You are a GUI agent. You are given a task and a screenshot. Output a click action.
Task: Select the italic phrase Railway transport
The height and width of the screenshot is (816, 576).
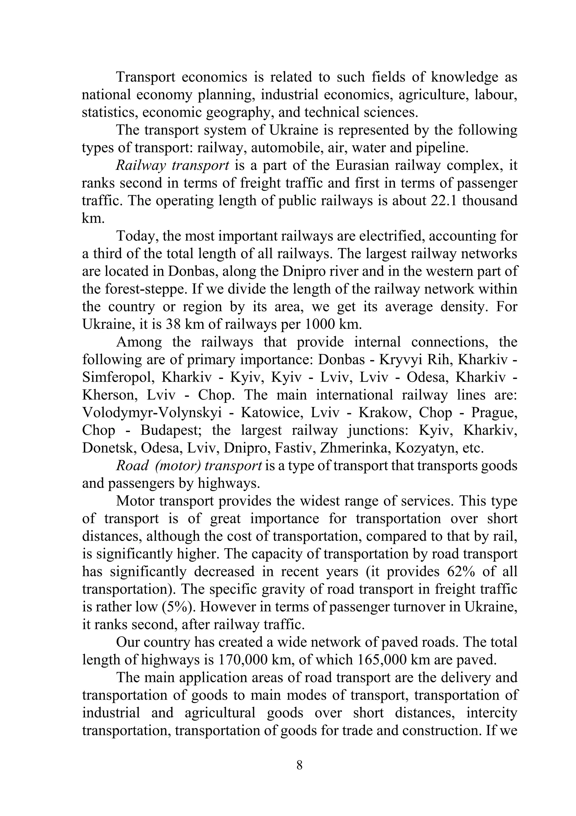172,166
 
